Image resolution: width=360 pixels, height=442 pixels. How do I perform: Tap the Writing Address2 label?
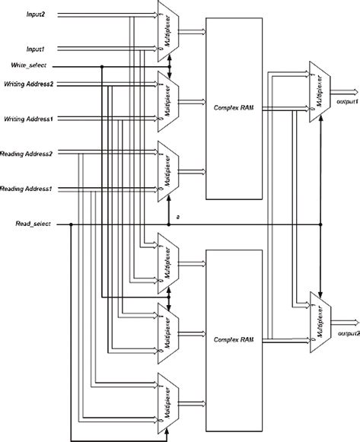(x=30, y=84)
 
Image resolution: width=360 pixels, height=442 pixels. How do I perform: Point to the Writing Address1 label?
(x=30, y=119)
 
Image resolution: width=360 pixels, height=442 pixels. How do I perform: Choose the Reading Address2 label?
(x=29, y=154)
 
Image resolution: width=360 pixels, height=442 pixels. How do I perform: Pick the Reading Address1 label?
(x=29, y=188)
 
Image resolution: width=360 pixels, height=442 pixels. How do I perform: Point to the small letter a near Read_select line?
(x=177, y=218)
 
